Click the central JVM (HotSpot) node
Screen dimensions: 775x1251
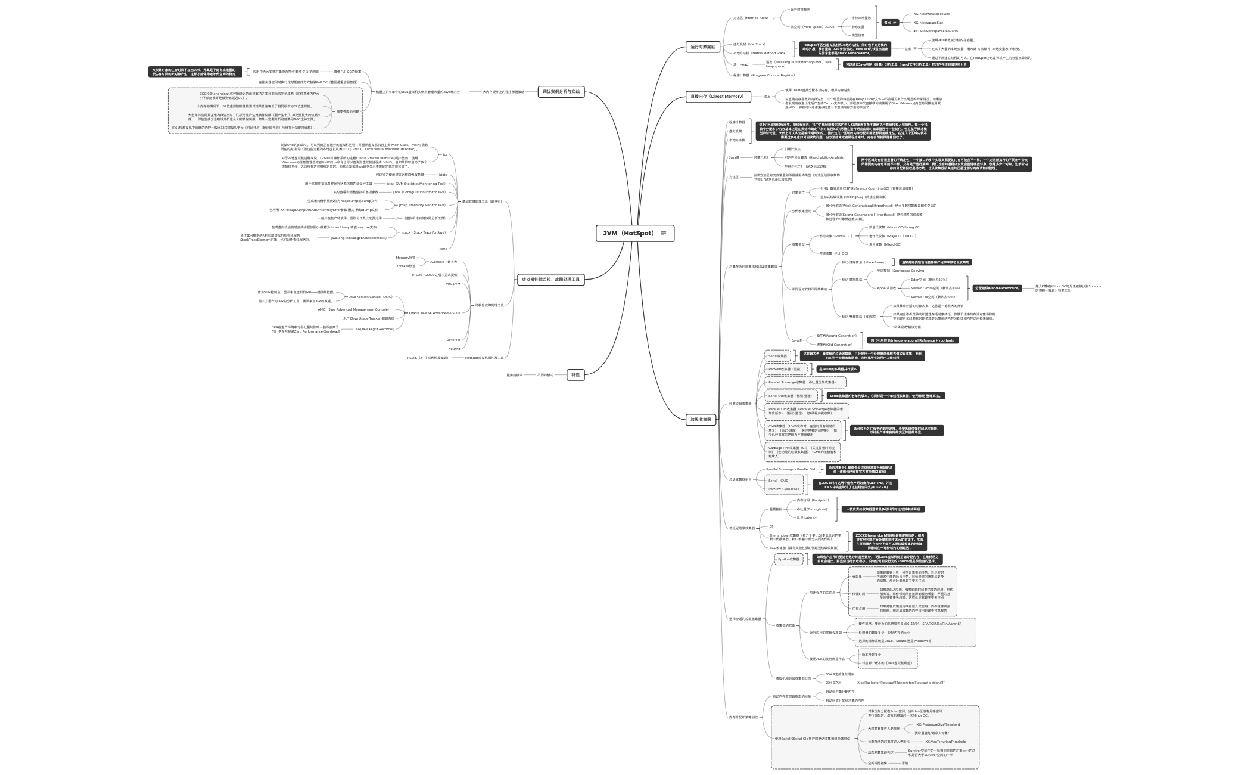(628, 233)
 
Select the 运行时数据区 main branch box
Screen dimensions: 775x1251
(702, 46)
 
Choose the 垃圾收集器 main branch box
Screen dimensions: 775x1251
(701, 419)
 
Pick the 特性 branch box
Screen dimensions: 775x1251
(575, 375)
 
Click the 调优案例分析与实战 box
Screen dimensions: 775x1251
(561, 92)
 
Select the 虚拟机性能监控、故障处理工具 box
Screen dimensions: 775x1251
(550, 279)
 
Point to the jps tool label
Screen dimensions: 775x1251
(444, 154)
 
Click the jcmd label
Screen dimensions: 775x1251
(443, 249)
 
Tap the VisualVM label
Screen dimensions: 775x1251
(453, 284)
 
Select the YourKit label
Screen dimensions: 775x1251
(454, 349)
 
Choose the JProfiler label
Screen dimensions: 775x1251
(453, 340)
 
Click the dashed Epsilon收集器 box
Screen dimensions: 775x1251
(788, 559)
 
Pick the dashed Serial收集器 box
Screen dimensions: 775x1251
(777, 356)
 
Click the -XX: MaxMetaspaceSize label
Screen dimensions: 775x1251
(931, 14)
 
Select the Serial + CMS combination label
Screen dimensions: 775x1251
(777, 480)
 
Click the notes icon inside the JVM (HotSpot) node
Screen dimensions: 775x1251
(663, 233)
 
